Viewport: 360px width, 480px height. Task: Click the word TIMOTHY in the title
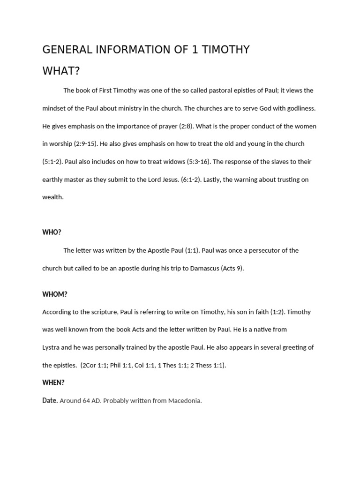point(225,49)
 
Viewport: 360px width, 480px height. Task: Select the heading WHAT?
point(61,71)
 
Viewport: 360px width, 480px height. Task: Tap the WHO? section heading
point(52,232)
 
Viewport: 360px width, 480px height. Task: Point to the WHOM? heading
point(55,294)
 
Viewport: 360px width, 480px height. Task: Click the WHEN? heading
point(53,382)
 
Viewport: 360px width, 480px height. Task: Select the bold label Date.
point(50,400)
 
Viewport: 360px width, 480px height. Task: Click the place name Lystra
point(51,347)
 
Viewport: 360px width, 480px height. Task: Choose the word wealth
point(52,197)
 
